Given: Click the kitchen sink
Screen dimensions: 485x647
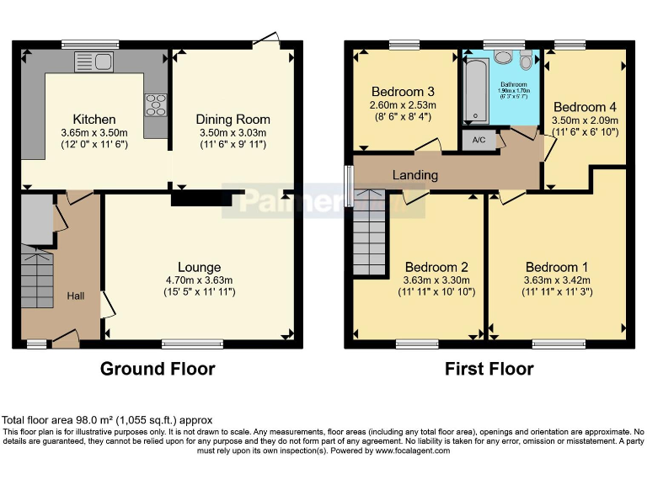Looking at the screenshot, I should point(94,61).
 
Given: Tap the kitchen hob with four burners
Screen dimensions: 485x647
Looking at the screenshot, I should point(156,104).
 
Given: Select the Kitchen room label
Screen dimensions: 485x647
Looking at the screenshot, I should point(94,120).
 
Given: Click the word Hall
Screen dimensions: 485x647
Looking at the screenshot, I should point(76,296).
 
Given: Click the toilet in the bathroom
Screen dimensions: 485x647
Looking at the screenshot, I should point(527,61).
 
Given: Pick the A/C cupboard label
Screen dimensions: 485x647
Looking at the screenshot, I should point(479,140).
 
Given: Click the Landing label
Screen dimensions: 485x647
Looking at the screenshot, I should point(415,175).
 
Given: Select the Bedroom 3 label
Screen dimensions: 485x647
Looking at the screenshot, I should point(403,92).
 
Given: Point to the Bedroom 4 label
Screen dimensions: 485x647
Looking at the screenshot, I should point(585,107).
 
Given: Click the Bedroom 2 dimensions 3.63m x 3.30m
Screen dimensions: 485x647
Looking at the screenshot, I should point(436,280).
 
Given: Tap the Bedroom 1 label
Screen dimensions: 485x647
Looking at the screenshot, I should point(557,267).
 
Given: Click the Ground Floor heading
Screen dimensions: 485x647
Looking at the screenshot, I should point(158,369).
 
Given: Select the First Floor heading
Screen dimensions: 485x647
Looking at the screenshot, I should point(488,369).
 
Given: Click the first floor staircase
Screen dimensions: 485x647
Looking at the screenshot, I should point(369,232).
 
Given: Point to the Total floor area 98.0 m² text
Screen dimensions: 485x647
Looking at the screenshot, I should point(107,419).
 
